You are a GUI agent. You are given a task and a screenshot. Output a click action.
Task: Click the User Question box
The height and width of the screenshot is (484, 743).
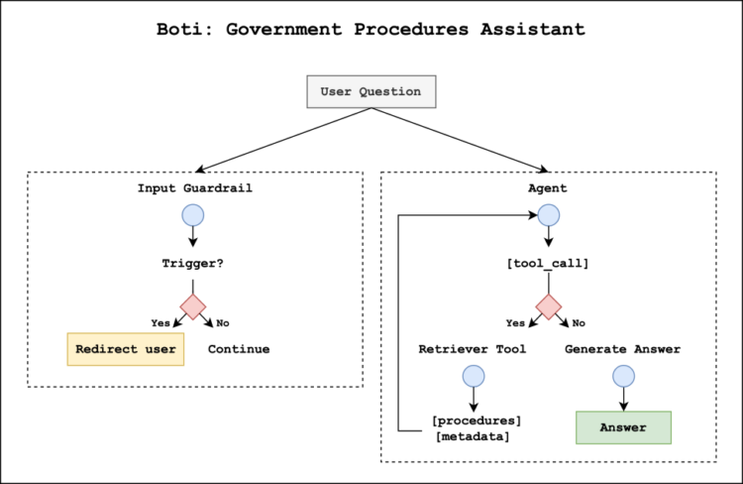coord(371,91)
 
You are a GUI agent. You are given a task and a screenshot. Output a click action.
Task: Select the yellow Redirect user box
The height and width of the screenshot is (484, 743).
coord(126,349)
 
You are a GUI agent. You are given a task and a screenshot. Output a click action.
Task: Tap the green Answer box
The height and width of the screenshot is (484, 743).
coord(623,427)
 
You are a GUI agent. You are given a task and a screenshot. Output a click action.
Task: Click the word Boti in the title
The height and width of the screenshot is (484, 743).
coord(180,29)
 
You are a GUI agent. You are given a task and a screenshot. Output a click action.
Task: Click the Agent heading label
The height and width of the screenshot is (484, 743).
coord(548,188)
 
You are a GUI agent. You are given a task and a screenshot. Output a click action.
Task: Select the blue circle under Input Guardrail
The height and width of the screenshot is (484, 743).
coord(192,215)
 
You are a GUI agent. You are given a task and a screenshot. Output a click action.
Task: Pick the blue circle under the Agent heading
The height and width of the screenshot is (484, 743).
coord(548,215)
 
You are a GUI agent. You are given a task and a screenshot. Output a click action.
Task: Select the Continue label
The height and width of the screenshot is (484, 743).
coord(239,349)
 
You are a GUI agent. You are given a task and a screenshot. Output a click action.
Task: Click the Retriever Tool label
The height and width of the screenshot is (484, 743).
coord(473,349)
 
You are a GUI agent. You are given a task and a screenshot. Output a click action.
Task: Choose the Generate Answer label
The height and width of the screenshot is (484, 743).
coord(622,349)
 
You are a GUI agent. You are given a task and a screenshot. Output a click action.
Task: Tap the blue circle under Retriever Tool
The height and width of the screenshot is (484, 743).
coord(473,376)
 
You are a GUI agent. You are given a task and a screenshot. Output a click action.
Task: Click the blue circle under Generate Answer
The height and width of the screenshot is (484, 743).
coord(622,376)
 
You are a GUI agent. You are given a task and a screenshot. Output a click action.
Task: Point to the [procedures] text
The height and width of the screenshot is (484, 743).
coord(477,420)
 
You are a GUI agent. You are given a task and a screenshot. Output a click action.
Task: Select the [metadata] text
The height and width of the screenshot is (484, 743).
coord(473,436)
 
